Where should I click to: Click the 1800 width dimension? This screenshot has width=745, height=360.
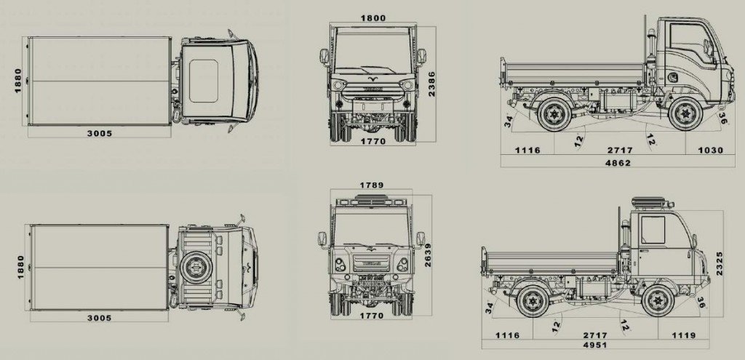pos(373,18)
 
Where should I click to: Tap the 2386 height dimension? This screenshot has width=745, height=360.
pos(431,84)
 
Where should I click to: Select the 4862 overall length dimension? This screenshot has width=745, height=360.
pos(618,162)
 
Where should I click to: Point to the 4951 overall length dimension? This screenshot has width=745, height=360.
pos(595,345)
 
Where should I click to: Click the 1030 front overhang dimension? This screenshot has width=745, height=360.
pos(710,150)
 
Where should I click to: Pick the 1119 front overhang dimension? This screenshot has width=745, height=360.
pos(684,335)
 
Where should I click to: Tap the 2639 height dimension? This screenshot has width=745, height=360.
pos(428,255)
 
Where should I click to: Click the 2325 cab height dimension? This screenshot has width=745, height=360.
pos(720,264)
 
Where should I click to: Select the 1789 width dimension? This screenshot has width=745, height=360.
pos(372,185)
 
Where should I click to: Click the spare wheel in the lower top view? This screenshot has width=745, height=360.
pos(195,268)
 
